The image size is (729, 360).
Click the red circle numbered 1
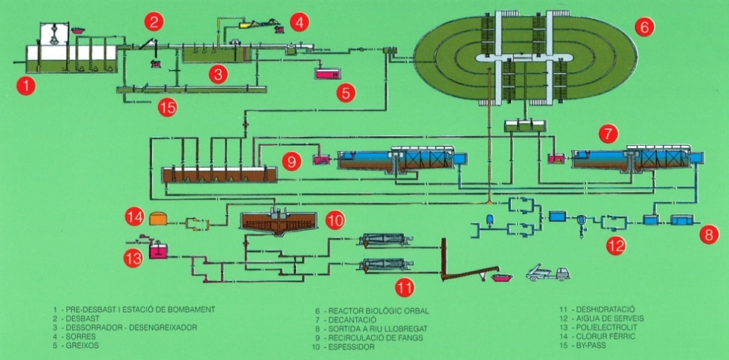point(26,86)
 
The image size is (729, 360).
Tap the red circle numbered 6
point(645,27)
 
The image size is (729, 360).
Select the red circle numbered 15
point(167,108)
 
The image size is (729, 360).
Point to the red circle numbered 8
point(709,235)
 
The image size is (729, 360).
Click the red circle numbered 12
point(616,246)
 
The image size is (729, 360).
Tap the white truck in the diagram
point(548,273)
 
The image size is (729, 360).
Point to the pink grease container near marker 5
point(328,74)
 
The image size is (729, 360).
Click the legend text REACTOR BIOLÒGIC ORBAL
point(379,311)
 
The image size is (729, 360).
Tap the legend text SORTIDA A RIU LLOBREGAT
point(378,328)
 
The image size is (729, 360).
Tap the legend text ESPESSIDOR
point(352,347)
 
